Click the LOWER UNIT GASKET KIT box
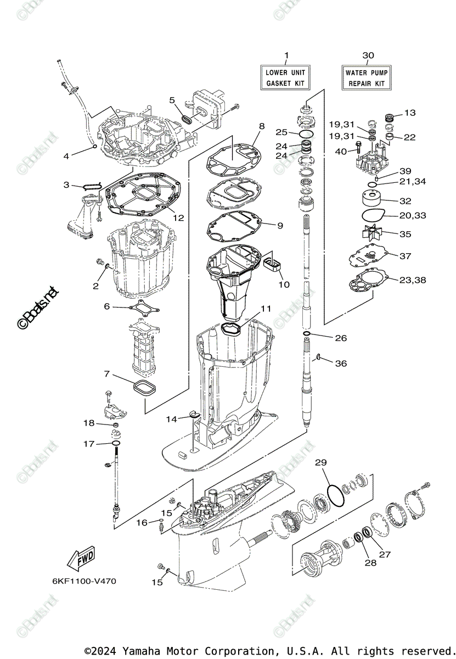tap(285, 78)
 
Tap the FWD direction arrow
tap(80, 560)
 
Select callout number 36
tap(341, 364)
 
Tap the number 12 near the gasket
tap(178, 217)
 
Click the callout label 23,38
tap(413, 280)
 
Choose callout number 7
tap(106, 374)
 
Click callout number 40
tap(340, 152)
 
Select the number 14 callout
tap(172, 419)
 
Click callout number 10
tap(284, 285)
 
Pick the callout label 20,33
tap(412, 216)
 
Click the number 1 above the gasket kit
tap(285, 55)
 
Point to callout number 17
tap(89, 444)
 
